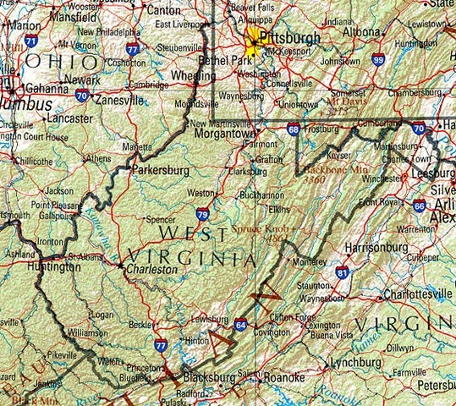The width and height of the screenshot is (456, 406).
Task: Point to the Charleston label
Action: pos(153,269)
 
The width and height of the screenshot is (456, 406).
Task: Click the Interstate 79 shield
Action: pos(203,216)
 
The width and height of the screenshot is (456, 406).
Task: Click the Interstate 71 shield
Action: pos(31,40)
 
